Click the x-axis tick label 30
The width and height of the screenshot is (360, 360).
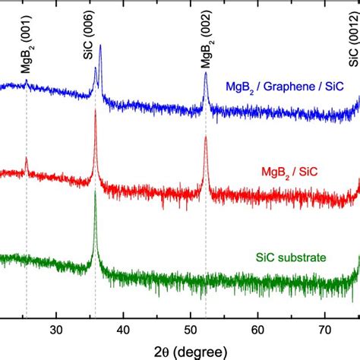click(56, 330)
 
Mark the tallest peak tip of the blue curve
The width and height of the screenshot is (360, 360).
click(100, 46)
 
